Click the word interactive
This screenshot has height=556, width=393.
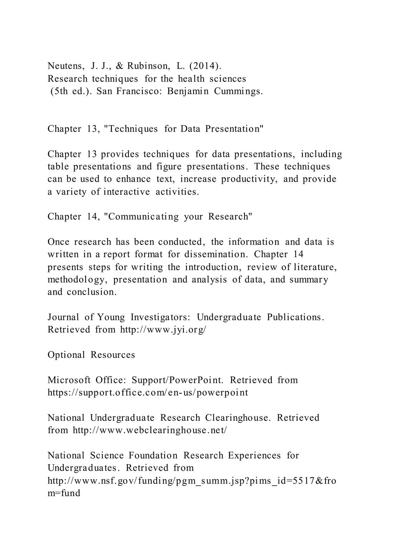tap(127, 192)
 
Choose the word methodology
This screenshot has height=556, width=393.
tap(76, 280)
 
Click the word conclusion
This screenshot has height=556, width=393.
tap(92, 292)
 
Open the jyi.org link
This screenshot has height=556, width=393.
tap(163, 329)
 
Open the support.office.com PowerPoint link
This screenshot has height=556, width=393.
tap(148, 392)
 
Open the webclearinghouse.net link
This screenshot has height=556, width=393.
tap(150, 430)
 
